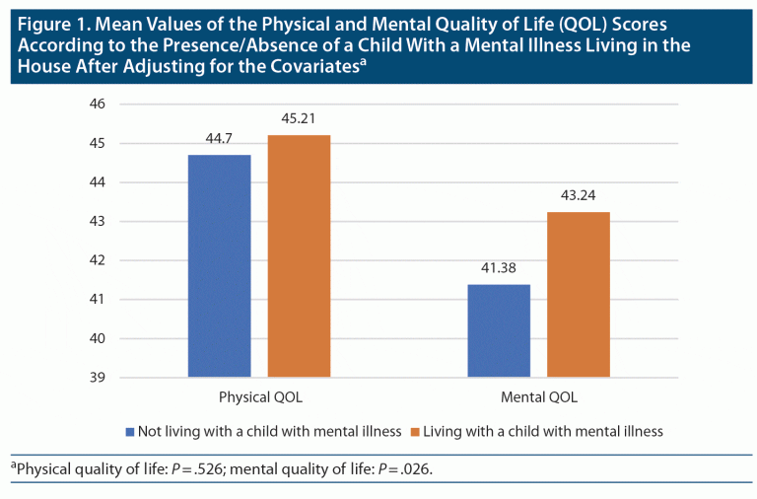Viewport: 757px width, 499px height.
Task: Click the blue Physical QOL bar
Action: pos(220,266)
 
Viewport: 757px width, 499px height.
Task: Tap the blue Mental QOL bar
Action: pos(498,330)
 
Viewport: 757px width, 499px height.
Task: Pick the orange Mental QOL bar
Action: pos(579,295)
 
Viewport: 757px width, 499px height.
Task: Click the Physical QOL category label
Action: pos(259,398)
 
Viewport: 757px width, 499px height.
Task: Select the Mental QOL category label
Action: pos(538,398)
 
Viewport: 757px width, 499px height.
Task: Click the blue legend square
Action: pos(130,431)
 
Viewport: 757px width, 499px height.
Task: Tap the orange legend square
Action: pos(415,431)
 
